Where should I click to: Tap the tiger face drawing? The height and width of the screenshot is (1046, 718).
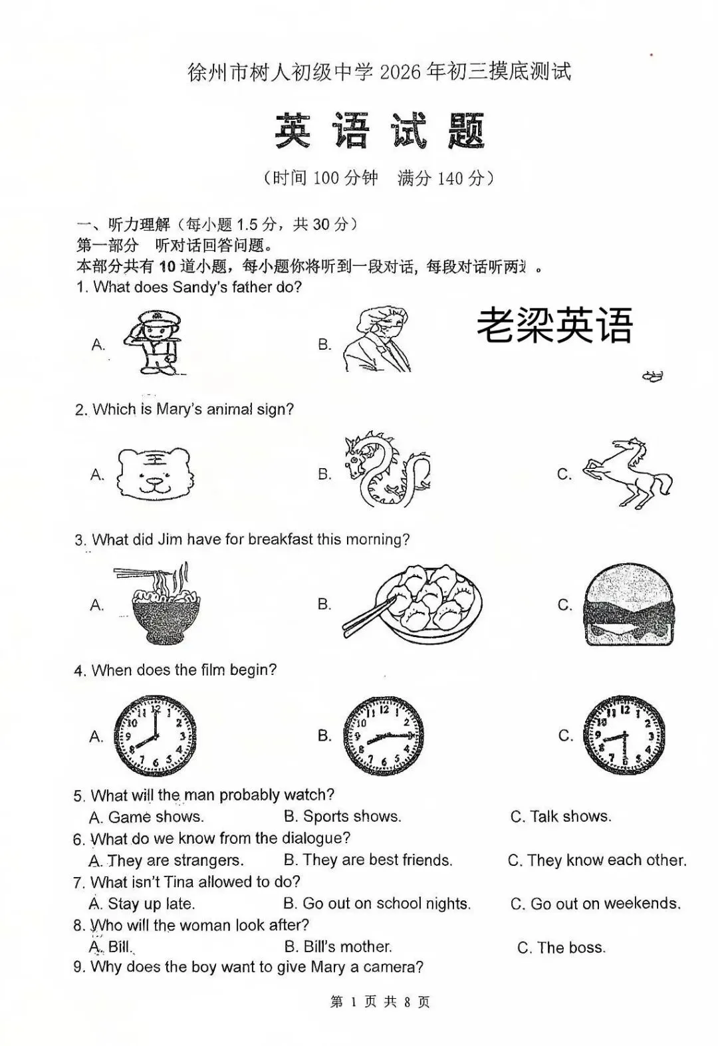tap(156, 473)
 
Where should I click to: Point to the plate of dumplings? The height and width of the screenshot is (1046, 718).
tap(419, 604)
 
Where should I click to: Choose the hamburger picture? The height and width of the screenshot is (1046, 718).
tap(628, 604)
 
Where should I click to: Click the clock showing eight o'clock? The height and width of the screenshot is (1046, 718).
tap(154, 735)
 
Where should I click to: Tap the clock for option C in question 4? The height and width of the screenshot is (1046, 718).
tap(623, 735)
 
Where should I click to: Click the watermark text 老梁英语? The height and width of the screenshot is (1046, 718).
tap(554, 326)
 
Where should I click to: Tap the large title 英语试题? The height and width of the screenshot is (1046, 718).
tap(380, 131)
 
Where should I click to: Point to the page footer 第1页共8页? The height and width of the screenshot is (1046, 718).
tap(380, 1001)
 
